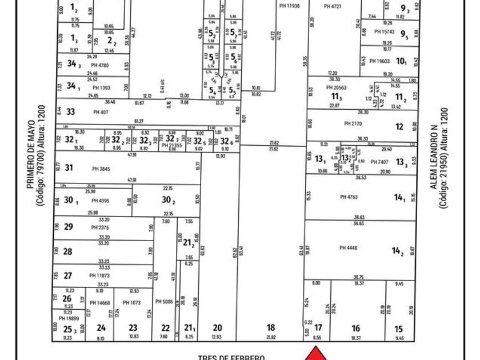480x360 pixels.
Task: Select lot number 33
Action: point(70,112)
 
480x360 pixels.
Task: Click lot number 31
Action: point(69,168)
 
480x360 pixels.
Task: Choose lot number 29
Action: point(69,227)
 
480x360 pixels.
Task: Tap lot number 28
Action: point(68,251)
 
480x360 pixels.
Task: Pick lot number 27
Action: point(68,275)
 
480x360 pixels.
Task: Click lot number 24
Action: point(101,328)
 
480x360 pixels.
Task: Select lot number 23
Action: point(133,328)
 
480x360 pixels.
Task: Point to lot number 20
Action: point(217,328)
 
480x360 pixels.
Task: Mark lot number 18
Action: point(271,328)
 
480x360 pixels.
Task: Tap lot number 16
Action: point(356,329)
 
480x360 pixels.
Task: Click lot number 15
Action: point(399,329)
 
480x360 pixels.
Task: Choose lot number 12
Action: point(399,126)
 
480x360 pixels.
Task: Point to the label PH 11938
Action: point(290,6)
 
